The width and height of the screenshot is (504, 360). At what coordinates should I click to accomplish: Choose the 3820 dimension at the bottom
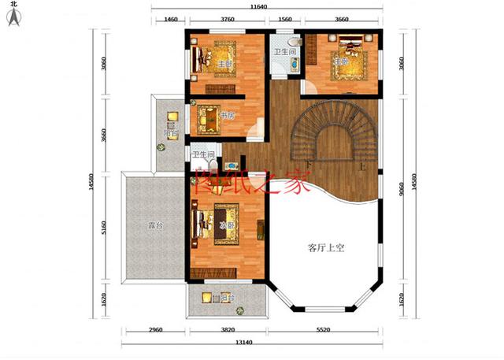[228, 332]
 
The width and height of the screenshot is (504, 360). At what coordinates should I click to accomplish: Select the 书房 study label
[228, 116]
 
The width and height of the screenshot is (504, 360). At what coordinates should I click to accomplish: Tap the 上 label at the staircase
[361, 168]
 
